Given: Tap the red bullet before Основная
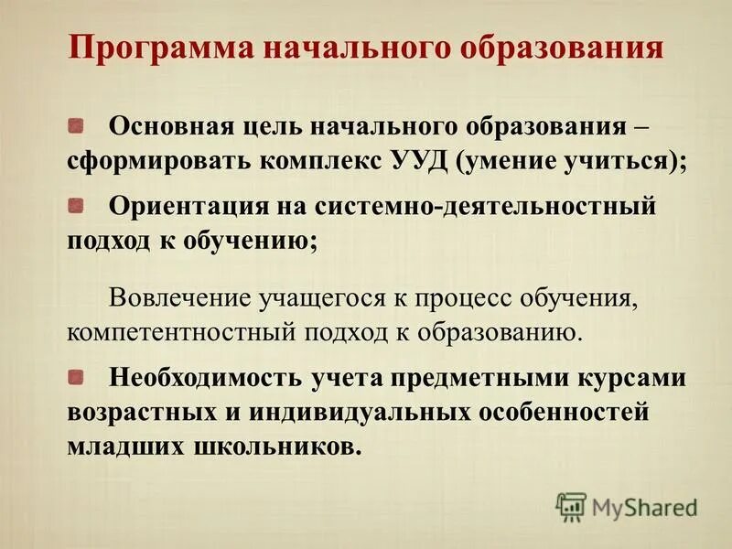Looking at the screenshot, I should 77,122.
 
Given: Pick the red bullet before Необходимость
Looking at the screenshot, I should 77,376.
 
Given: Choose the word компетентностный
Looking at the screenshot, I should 168,333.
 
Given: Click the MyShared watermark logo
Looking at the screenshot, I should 627,506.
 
